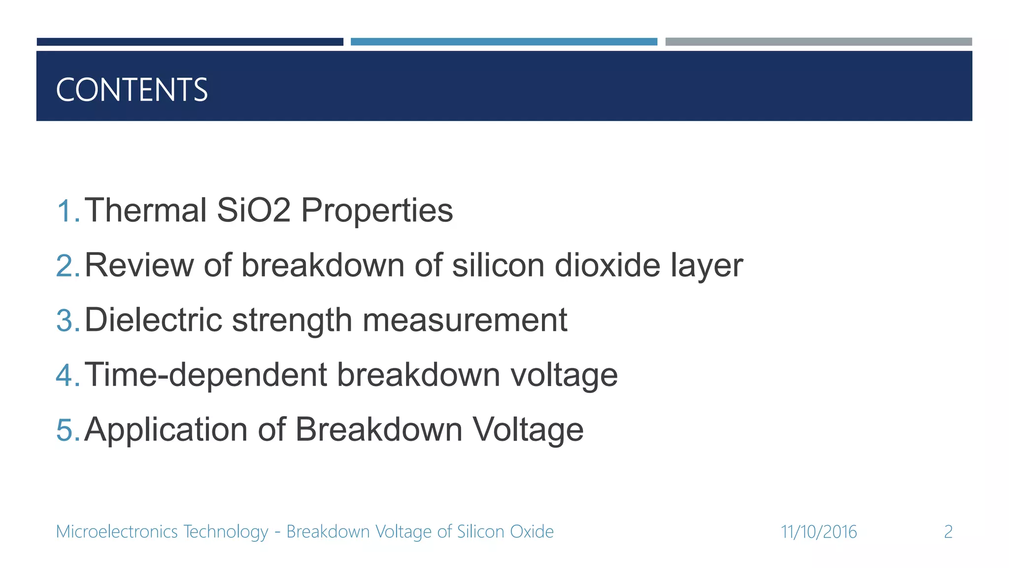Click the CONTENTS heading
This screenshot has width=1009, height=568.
(132, 90)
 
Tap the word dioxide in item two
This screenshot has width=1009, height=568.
(607, 265)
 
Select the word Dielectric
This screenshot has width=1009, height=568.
(153, 320)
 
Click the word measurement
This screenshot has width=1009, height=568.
(465, 320)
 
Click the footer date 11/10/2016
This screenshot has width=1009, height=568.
(818, 532)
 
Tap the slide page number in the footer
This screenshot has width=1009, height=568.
(948, 532)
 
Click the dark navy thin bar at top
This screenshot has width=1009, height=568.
(190, 42)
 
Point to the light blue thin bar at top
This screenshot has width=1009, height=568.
(504, 42)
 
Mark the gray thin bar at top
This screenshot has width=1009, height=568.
(818, 42)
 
